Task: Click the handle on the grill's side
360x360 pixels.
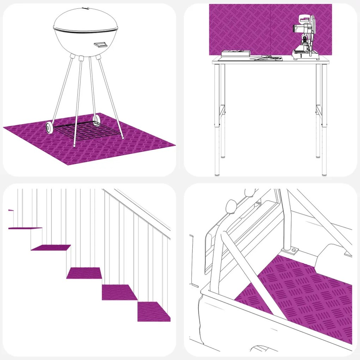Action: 101,44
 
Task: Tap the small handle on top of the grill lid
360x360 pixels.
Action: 84,8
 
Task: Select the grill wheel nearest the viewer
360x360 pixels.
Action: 49,128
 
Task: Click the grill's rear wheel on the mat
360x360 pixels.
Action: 96,120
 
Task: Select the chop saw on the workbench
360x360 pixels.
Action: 304,39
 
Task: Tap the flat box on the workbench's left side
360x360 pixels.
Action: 235,54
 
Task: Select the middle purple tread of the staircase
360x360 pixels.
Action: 84,273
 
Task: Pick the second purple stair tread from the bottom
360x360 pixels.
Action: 119,292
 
